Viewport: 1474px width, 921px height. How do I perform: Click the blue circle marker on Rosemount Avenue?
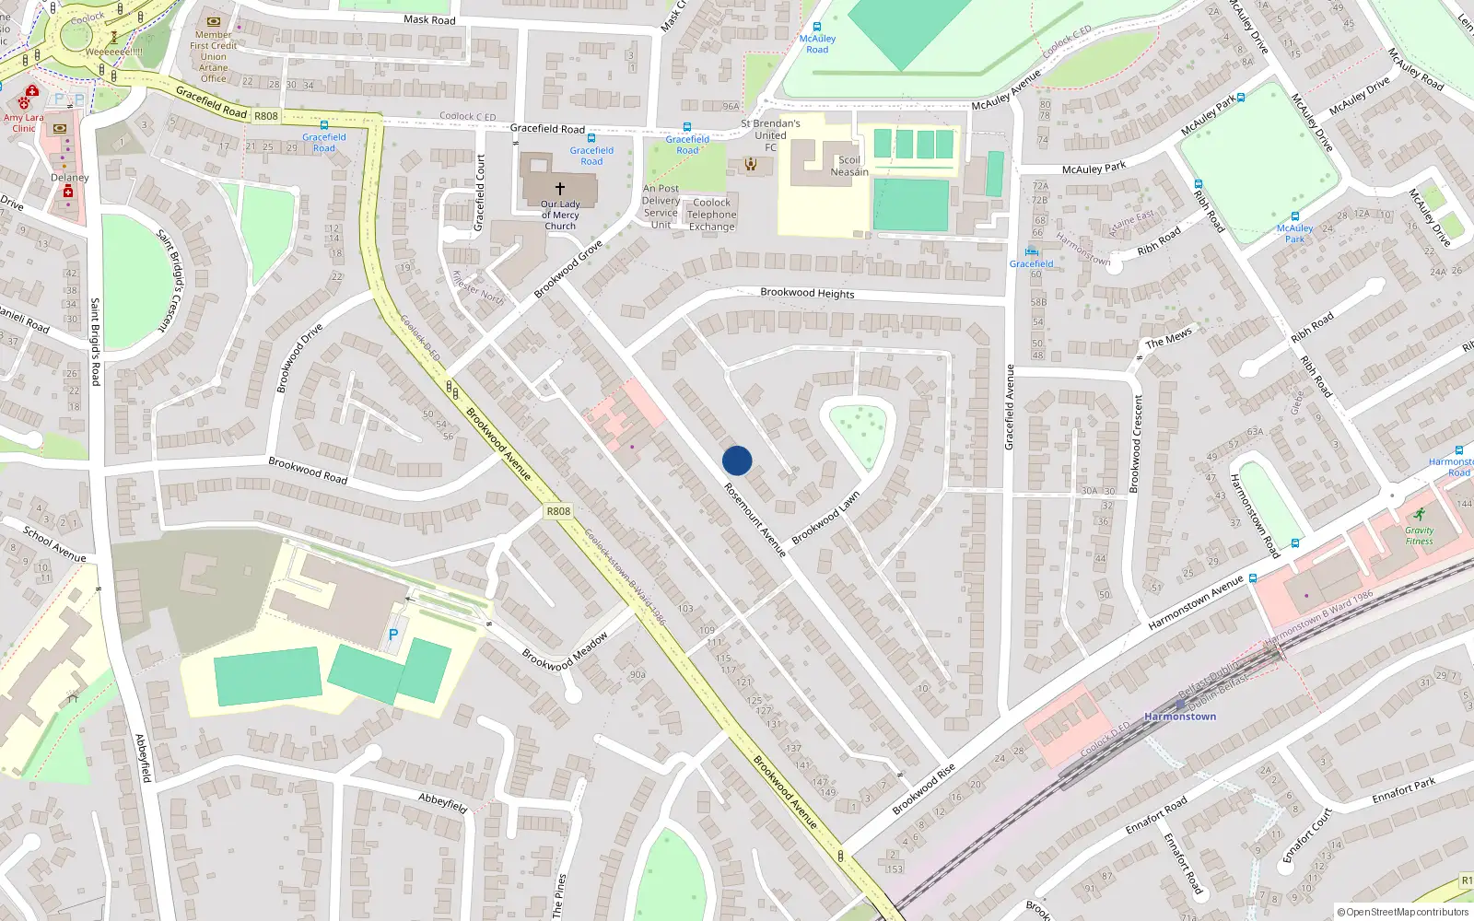click(x=737, y=460)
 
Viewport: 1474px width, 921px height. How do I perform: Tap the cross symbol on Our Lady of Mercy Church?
click(x=559, y=188)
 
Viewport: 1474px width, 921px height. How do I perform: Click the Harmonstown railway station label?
click(x=1180, y=717)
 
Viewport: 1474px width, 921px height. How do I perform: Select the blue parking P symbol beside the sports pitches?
click(x=393, y=635)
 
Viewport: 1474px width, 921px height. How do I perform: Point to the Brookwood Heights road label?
click(x=807, y=293)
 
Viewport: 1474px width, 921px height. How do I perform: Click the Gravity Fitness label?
click(x=1419, y=535)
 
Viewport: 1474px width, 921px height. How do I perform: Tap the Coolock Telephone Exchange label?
click(x=712, y=215)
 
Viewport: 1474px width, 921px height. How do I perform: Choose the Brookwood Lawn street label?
click(x=825, y=517)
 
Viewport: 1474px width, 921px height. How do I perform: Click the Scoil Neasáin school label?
click(x=849, y=166)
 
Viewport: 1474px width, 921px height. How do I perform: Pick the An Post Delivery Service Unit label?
click(x=661, y=206)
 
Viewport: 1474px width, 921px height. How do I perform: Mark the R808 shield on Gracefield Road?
click(x=265, y=116)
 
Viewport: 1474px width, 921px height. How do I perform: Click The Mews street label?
click(x=1168, y=339)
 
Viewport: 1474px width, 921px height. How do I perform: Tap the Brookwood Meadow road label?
click(x=565, y=652)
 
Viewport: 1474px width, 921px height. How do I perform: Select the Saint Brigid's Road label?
click(x=95, y=341)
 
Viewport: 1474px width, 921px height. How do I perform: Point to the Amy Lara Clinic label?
click(x=23, y=122)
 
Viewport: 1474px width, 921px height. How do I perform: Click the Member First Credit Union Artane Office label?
click(x=214, y=56)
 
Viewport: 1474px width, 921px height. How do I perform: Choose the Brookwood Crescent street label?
click(x=1137, y=443)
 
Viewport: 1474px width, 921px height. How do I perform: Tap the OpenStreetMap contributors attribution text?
click(x=1403, y=912)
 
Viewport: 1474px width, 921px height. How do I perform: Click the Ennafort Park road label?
click(x=1403, y=791)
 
